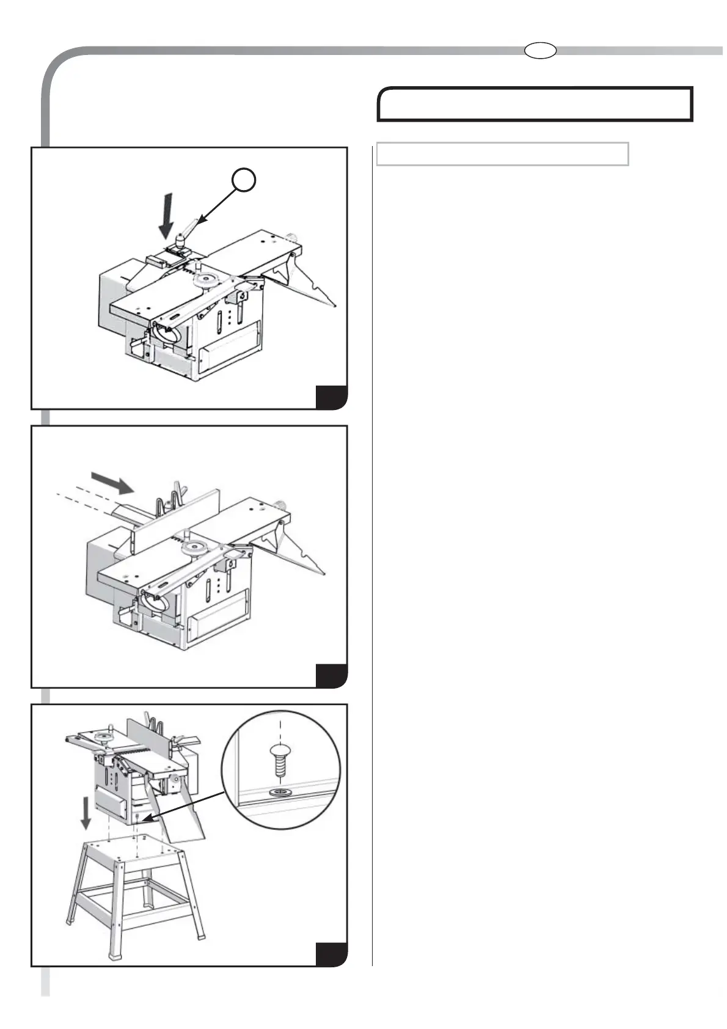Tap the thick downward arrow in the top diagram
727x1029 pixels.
[167, 216]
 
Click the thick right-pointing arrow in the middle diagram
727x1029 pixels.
[112, 483]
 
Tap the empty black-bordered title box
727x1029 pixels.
[535, 104]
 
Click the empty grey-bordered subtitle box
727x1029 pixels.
[502, 154]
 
